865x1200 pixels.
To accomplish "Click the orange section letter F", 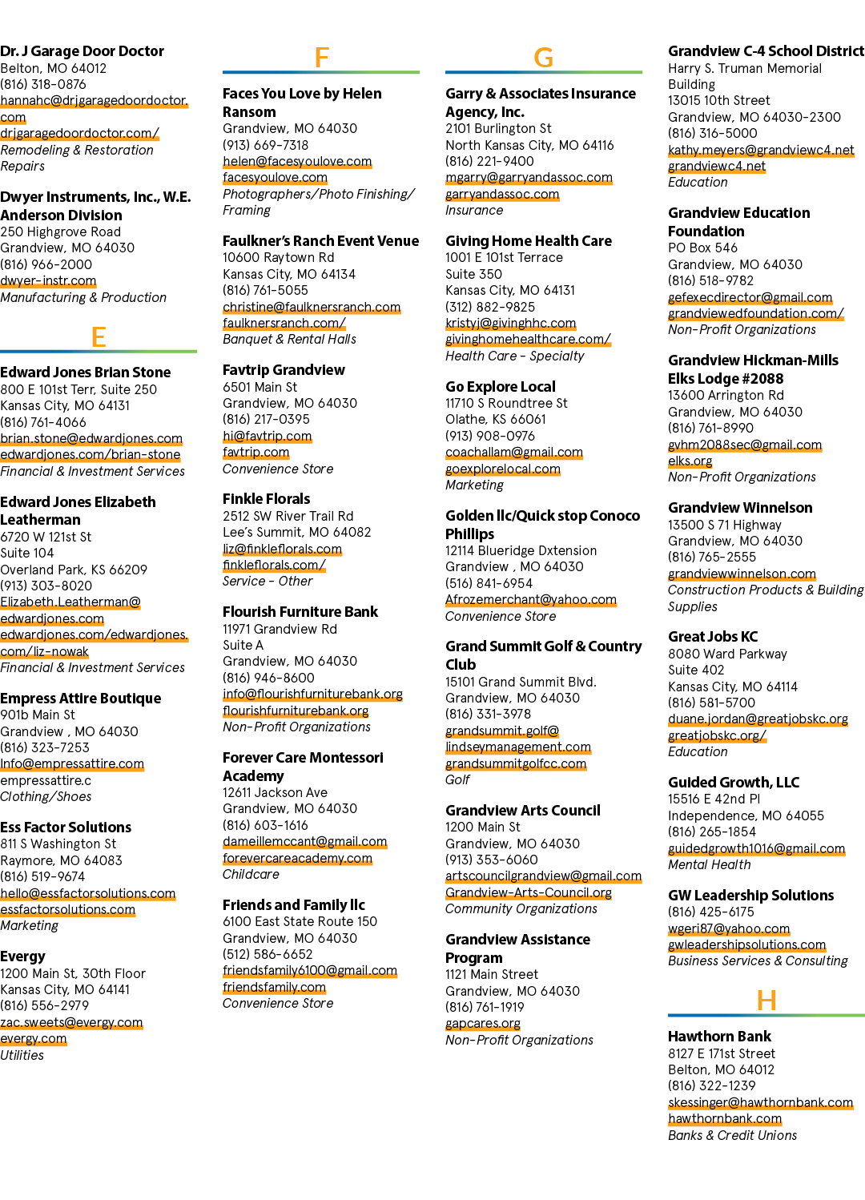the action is (x=321, y=58).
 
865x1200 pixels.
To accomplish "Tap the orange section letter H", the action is (x=766, y=1001).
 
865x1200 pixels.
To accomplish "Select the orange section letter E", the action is (x=99, y=337).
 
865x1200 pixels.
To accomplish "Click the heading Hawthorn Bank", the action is (x=718, y=1036).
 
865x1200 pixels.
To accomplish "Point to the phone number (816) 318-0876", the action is (x=42, y=84).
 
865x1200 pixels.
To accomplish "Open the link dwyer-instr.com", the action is (x=48, y=280).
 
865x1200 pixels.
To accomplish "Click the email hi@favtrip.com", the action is (x=267, y=436).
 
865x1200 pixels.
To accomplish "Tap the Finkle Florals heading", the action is (x=266, y=499).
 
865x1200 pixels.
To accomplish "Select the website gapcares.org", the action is (x=483, y=1023).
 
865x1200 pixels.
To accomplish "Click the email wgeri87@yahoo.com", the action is (x=728, y=928).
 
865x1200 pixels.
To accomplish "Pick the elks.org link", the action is (x=690, y=461).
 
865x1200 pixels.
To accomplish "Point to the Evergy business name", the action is (x=22, y=956).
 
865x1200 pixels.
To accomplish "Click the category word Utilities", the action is (x=22, y=1055).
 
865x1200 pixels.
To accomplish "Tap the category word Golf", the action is (x=457, y=779).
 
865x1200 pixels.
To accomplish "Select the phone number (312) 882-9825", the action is (x=490, y=307).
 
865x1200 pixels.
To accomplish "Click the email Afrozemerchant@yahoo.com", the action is (x=531, y=599).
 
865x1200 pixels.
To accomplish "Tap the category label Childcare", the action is (x=251, y=874).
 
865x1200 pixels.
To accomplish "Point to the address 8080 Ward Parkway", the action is (x=727, y=654).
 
